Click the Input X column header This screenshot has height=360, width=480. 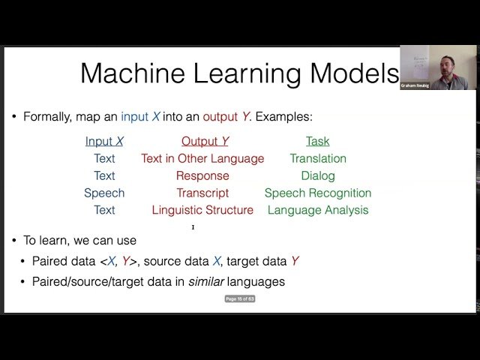click(x=104, y=141)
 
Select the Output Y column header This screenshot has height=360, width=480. click(x=205, y=141)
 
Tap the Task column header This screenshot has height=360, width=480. click(x=317, y=141)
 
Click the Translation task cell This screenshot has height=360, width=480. click(x=318, y=158)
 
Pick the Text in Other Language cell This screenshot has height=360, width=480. click(x=202, y=158)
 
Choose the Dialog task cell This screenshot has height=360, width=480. click(x=318, y=175)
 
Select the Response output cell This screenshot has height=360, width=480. click(x=202, y=175)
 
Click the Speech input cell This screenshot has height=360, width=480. click(x=104, y=193)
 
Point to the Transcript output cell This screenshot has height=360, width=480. click(x=202, y=193)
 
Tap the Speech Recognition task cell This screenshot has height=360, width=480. click(x=318, y=193)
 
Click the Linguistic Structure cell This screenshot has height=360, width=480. click(x=202, y=210)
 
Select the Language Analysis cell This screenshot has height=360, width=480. click(x=318, y=210)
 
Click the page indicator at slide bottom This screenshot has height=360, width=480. click(x=240, y=298)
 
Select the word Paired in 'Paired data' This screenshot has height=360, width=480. click(x=49, y=261)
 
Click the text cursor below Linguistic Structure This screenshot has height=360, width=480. click(x=193, y=226)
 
